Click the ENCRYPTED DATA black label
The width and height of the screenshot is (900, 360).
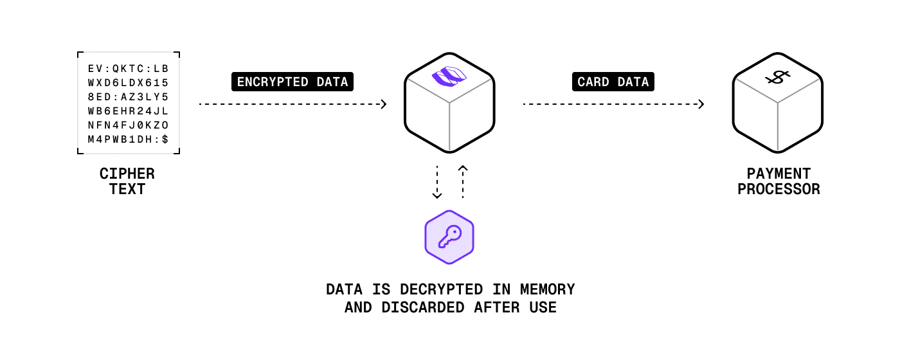coord(292,82)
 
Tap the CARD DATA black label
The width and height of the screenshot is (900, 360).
coord(613,82)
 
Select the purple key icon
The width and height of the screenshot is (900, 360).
coord(449,237)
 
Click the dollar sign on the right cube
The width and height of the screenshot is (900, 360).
coord(777,78)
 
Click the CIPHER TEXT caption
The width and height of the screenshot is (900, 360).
coord(127,181)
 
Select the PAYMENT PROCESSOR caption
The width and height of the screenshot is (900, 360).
coord(779,181)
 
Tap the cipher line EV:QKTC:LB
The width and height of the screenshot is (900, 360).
coord(128,67)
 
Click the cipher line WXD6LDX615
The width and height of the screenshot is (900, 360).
coord(128,82)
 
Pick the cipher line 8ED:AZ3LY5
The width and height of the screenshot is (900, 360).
coord(128,96)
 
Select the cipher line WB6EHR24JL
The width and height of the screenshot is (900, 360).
coord(128,111)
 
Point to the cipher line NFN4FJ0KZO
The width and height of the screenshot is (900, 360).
coord(128,125)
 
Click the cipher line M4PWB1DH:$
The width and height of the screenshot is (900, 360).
coord(128,139)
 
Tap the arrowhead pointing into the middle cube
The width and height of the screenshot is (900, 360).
coord(384,104)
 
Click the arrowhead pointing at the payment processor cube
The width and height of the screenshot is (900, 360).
coord(701,104)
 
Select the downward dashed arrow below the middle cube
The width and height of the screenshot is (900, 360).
coord(437,183)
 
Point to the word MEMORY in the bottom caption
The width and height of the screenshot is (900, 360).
coord(548,289)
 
